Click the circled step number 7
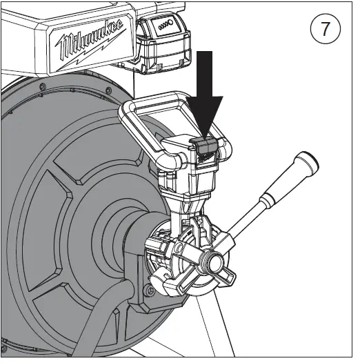(x=326, y=30)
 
